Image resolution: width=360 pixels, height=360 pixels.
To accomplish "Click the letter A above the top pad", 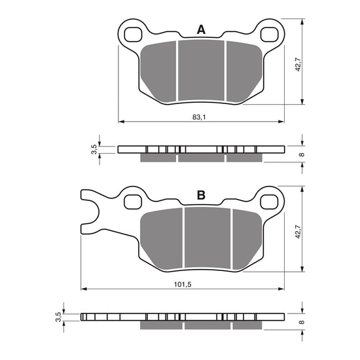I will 201,29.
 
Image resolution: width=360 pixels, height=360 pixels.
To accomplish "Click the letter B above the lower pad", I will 201,195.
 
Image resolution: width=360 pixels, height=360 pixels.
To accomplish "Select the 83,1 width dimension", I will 200,117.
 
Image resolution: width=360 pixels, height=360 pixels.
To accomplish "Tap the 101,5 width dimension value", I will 183,283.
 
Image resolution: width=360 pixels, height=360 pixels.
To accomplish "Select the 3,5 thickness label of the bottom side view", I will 58,317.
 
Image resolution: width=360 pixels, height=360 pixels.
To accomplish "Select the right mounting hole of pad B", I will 269,199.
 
